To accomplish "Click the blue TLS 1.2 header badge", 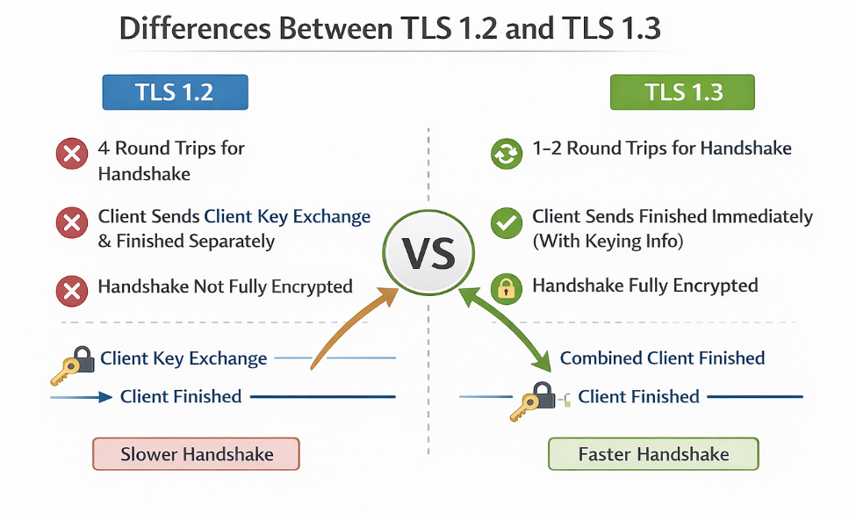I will click(175, 92).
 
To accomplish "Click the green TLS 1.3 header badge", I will click(683, 92).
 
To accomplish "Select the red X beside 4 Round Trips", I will click(71, 156).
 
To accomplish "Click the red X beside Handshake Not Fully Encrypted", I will click(71, 288).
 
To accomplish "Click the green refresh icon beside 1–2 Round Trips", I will click(506, 154).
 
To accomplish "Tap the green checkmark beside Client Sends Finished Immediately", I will click(506, 223).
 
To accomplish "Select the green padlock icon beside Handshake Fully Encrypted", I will click(506, 288).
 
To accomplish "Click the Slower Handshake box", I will click(197, 455).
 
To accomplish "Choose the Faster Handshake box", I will click(653, 455).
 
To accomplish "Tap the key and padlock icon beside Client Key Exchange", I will click(73, 364).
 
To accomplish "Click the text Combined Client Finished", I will click(662, 358).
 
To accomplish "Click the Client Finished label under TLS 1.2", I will click(181, 397).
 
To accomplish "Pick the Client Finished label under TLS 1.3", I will click(638, 397).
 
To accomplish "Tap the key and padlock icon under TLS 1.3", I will click(534, 401).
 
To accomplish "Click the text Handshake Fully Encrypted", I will click(645, 285).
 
